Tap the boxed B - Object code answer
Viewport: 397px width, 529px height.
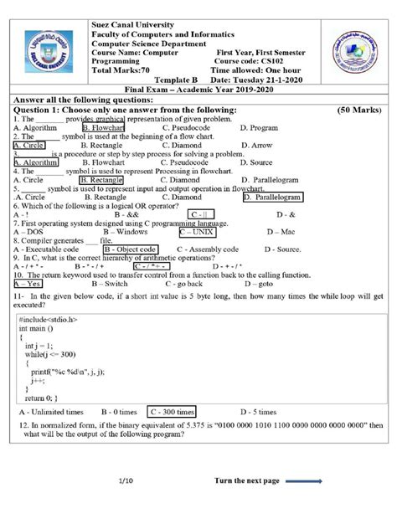point(130,249)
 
